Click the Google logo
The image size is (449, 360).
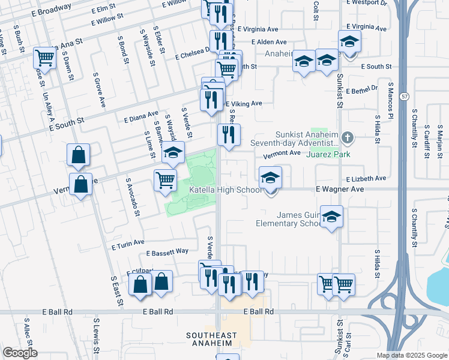[20, 353]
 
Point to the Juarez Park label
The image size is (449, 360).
[328, 154]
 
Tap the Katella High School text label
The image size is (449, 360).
[225, 190]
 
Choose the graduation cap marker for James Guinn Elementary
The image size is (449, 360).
[331, 217]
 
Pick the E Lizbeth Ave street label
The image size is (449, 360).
[366, 178]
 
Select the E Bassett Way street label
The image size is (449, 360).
[167, 251]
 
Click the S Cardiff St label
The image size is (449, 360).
[427, 139]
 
